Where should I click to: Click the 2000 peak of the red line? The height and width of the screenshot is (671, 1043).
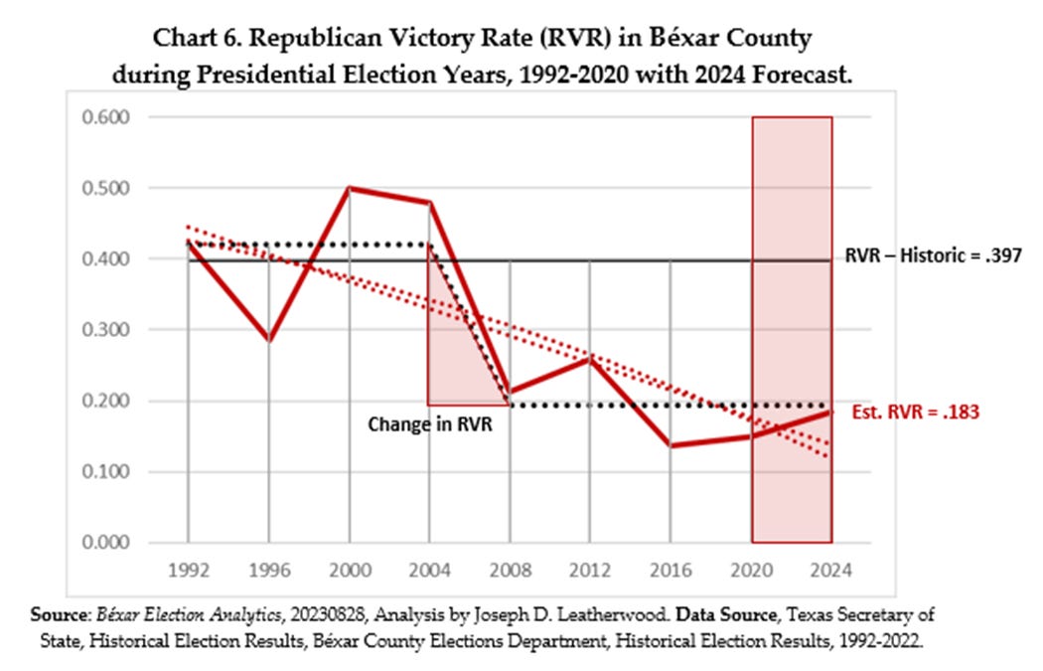pos(349,188)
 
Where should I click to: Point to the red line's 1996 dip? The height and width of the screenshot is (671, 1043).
pos(268,340)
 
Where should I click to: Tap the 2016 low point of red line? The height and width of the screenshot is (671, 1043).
pos(671,445)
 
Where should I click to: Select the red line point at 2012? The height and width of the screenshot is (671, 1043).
pos(590,359)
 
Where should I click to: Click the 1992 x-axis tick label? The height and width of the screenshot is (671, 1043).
pos(188,573)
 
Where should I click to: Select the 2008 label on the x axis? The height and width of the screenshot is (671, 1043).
pos(510,573)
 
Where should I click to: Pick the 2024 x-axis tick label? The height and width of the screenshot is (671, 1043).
pos(831,573)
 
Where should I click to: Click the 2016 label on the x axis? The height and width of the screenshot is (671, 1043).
pos(670,573)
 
